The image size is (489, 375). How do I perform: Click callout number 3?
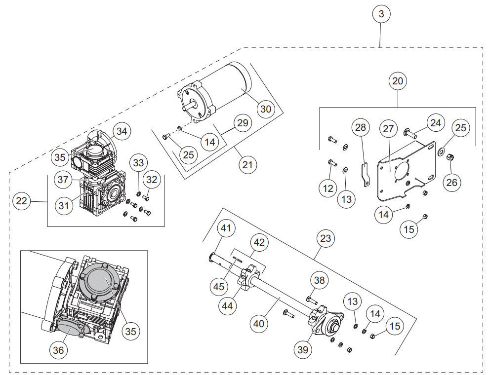point(381,14)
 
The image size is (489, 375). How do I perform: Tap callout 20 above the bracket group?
point(398,81)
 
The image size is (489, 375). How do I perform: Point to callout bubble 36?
point(58,350)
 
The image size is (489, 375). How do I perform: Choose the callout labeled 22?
point(22,201)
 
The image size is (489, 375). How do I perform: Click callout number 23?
point(326,239)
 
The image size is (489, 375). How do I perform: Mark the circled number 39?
point(303,349)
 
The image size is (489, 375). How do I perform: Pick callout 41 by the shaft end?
point(226,228)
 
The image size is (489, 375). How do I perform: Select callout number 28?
point(361,127)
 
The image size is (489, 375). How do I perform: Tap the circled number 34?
point(122,131)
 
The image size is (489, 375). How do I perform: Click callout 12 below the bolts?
point(328,188)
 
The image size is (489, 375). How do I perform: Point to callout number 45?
point(219,286)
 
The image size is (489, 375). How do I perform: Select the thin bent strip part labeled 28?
point(365,175)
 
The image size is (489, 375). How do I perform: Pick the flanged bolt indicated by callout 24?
point(410,133)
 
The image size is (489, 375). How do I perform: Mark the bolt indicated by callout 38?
point(312,301)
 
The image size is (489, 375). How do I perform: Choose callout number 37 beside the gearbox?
point(63,180)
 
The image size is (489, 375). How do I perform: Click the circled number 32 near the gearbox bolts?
point(152,180)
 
